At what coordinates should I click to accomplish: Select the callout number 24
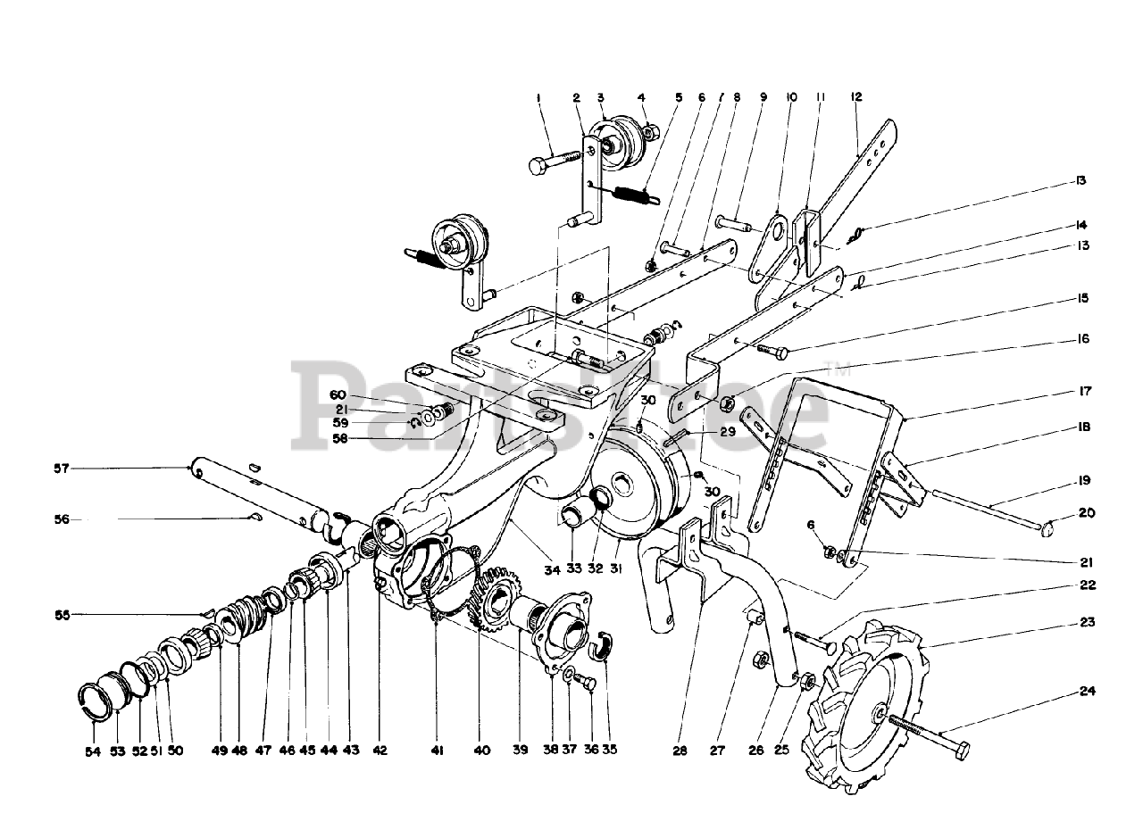click(x=1087, y=691)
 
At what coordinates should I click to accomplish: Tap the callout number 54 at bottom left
click(x=93, y=751)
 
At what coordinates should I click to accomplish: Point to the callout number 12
click(x=855, y=96)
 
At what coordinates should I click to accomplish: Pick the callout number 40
click(x=482, y=751)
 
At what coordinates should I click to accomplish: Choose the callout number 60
click(x=337, y=394)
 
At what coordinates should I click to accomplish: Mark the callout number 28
click(x=680, y=751)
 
